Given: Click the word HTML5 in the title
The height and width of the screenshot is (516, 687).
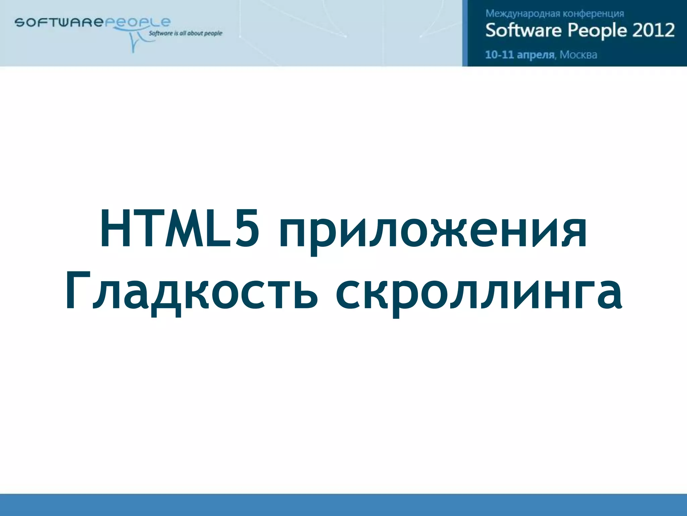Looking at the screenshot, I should pos(179,229).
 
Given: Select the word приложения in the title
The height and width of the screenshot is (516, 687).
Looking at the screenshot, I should pos(433,232).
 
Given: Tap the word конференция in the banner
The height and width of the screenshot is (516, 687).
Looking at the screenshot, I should pos(593,14).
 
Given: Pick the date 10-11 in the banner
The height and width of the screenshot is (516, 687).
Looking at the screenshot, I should pos(499,54).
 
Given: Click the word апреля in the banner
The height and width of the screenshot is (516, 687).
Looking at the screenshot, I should pos(535,55).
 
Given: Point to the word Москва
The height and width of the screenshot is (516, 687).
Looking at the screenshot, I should pos(578,55).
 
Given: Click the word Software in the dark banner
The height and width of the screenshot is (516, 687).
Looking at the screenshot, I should pos(523,30).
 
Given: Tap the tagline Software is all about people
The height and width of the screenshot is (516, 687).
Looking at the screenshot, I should pos(186,33).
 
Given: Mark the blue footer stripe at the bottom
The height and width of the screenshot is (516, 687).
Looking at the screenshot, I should pos(343,505).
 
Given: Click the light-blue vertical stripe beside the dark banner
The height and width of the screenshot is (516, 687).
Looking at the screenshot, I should pos(465,33).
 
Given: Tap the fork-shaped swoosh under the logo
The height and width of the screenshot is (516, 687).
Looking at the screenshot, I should pos(134,42).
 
